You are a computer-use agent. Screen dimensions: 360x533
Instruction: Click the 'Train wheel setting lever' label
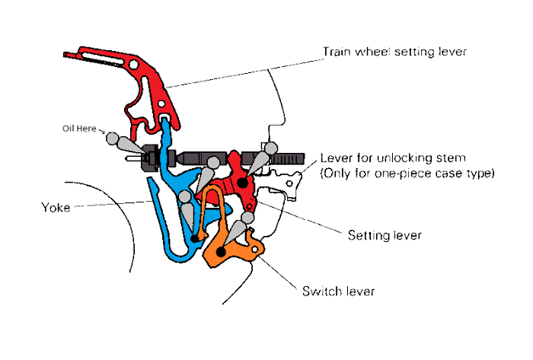394,53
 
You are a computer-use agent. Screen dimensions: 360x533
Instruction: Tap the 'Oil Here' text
79,129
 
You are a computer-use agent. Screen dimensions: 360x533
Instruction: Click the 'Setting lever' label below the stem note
384,235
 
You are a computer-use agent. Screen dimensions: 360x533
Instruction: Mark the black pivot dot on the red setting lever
242,183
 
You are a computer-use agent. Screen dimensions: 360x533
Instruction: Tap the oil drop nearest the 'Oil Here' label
113,139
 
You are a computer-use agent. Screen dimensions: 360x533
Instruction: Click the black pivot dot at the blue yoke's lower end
196,238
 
